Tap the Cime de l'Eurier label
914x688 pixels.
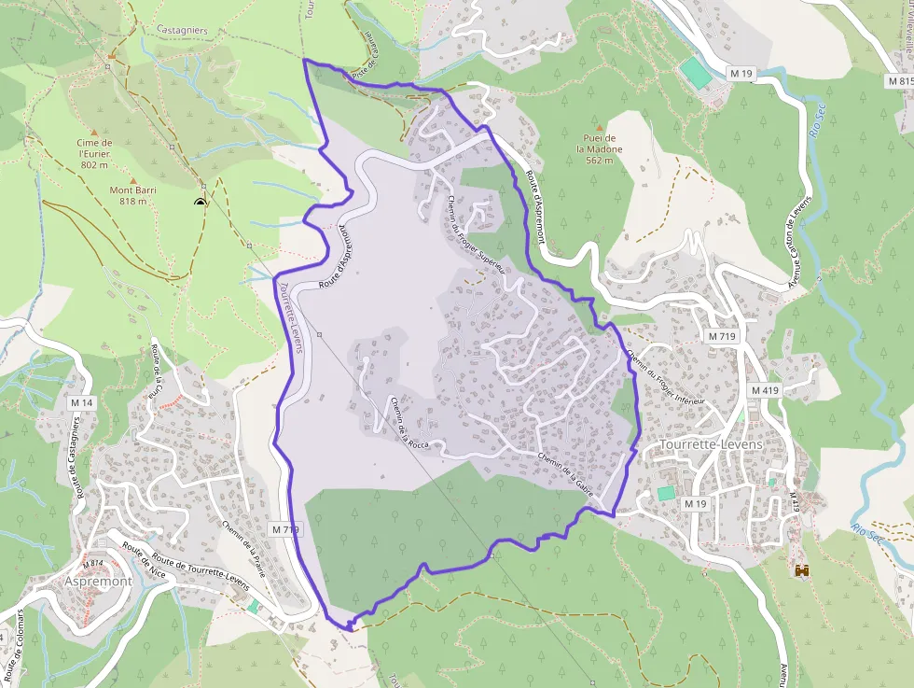95,153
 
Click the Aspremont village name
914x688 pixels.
98,581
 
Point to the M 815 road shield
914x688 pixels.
899,81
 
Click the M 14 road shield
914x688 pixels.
82,402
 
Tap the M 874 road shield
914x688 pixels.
92,564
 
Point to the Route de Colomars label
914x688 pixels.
16,644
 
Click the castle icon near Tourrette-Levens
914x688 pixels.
800,569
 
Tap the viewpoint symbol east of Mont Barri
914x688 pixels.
200,202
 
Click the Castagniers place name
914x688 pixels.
182,30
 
